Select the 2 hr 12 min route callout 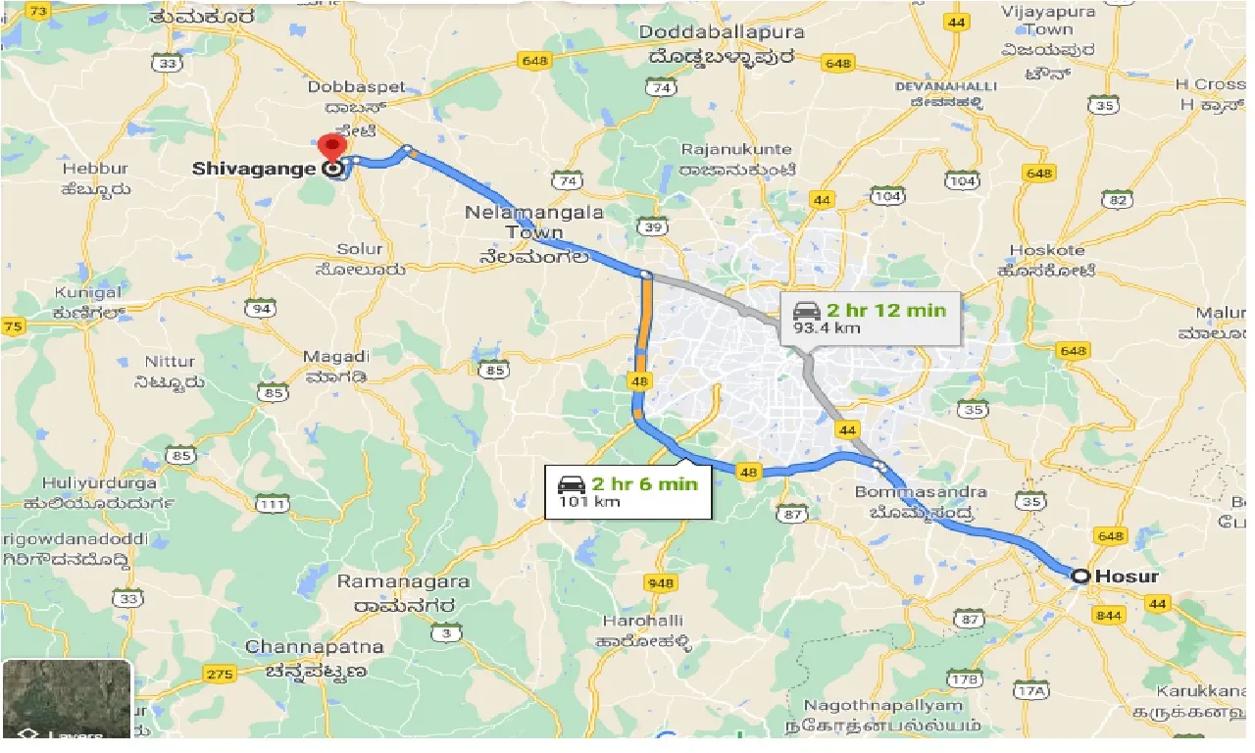tap(869, 319)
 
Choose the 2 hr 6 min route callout tap(627, 491)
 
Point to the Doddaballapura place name tap(722, 33)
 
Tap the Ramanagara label tap(403, 581)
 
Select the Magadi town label tap(336, 357)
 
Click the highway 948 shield tap(661, 583)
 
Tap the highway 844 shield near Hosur tap(1112, 614)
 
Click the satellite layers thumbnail tap(67, 699)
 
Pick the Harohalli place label tap(642, 622)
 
